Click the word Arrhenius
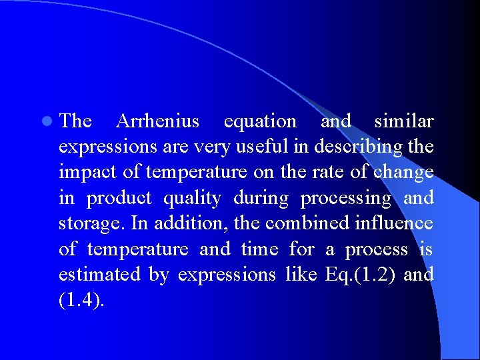[157, 121]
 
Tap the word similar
[404, 121]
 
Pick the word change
[403, 173]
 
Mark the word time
[259, 249]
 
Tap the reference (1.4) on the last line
[81, 300]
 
